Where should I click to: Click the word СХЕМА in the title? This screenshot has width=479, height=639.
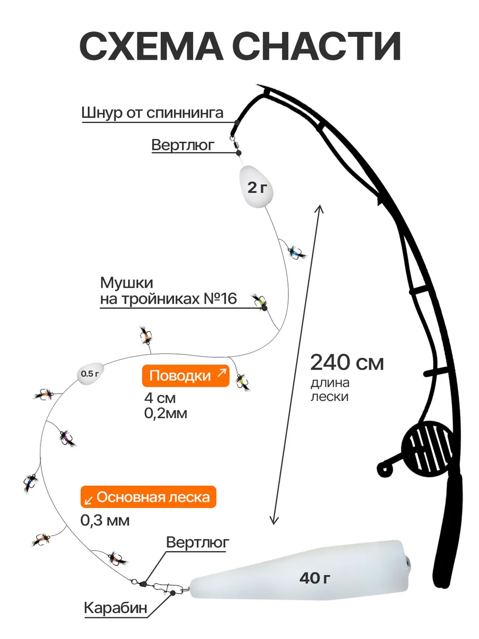pyautogui.click(x=151, y=46)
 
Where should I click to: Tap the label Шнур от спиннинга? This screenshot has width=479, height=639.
pyautogui.click(x=152, y=113)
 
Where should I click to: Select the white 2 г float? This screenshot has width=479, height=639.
pyautogui.click(x=256, y=187)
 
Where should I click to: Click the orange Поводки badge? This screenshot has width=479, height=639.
pyautogui.click(x=186, y=376)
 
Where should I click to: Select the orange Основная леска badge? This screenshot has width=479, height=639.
pyautogui.click(x=148, y=497)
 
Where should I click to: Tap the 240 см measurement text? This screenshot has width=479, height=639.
pyautogui.click(x=347, y=363)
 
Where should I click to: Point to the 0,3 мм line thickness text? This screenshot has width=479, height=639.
pyautogui.click(x=105, y=520)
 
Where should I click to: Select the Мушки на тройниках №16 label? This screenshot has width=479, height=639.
pyautogui.click(x=168, y=291)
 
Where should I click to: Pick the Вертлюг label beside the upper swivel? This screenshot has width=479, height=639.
pyautogui.click(x=183, y=145)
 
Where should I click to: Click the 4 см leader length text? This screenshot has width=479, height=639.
pyautogui.click(x=160, y=398)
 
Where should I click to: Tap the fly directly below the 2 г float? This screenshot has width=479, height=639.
pyautogui.click(x=296, y=251)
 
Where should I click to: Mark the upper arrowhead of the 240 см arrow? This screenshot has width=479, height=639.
pyautogui.click(x=320, y=208)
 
